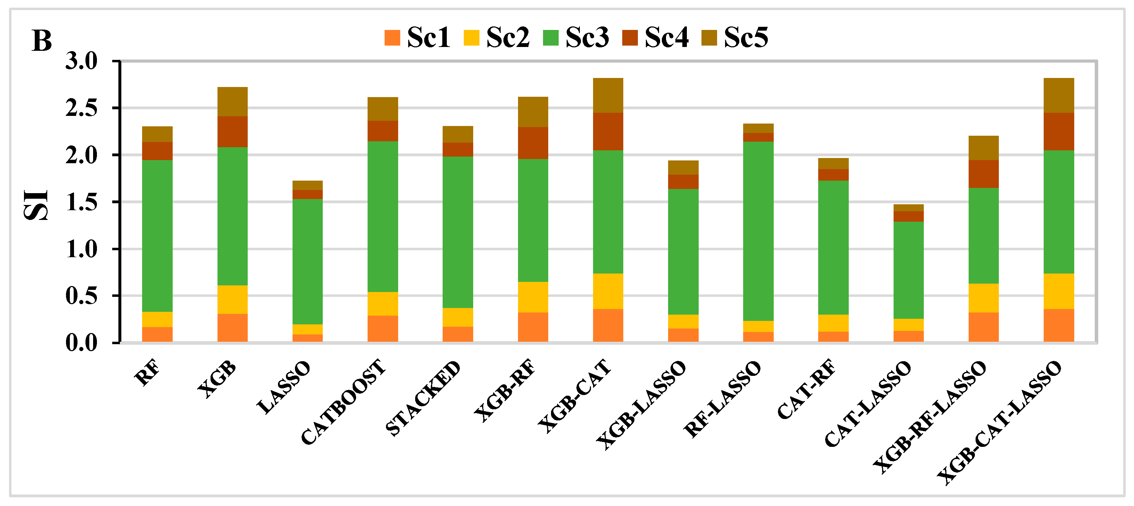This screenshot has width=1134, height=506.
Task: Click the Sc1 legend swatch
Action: point(392,38)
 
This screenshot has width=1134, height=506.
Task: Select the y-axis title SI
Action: point(36,205)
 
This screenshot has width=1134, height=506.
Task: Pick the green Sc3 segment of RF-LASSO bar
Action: point(758,231)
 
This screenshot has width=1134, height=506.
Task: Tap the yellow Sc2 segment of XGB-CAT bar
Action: point(608,291)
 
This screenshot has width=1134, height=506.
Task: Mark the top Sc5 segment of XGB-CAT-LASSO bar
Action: point(1058,96)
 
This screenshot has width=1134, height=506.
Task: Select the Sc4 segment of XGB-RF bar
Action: point(533,143)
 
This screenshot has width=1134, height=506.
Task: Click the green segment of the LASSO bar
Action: point(307,261)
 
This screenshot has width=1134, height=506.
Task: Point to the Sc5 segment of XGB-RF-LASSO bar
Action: point(984,148)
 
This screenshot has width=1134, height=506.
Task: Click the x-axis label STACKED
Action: point(422,398)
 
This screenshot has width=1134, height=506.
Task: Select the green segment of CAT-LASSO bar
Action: point(908,270)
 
